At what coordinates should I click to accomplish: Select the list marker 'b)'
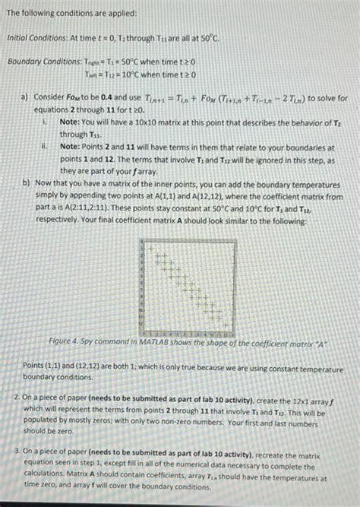[x=27, y=182]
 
